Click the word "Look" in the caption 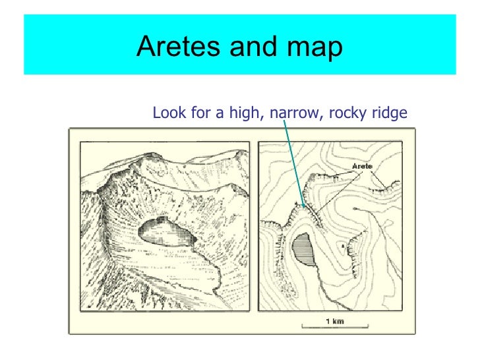tap(167, 113)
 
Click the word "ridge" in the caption tap(389, 114)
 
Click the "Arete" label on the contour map tap(365, 166)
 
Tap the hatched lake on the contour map tap(303, 249)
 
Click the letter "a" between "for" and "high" tap(219, 114)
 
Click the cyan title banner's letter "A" tap(146, 47)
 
